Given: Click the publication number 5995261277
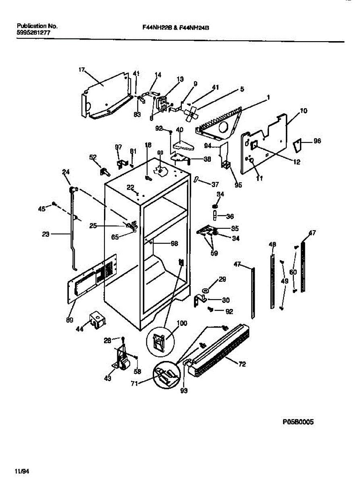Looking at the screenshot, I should pyautogui.click(x=33, y=33).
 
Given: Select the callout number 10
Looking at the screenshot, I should pyautogui.click(x=304, y=111).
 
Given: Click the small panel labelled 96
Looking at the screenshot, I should pyautogui.click(x=298, y=145).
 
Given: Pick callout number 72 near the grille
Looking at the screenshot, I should pyautogui.click(x=242, y=365).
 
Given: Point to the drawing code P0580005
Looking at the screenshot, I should pyautogui.click(x=298, y=422).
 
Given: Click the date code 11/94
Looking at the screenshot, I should pyautogui.click(x=22, y=471).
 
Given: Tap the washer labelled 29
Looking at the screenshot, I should pyautogui.click(x=206, y=290).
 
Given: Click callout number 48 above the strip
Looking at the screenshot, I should pyautogui.click(x=273, y=244).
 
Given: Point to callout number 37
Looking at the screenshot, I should pyautogui.click(x=215, y=184).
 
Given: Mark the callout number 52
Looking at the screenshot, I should pyautogui.click(x=93, y=157).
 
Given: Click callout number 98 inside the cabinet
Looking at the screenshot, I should pyautogui.click(x=174, y=243).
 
